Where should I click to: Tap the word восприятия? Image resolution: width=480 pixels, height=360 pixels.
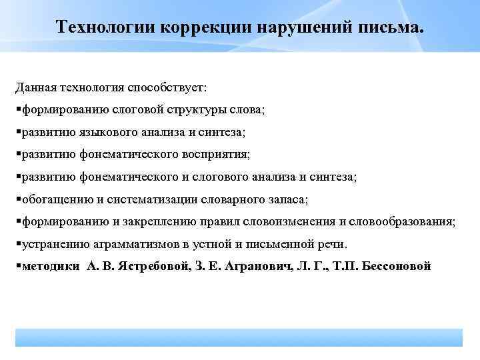[x=215, y=155]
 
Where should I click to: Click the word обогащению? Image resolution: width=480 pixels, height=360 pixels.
[x=51, y=199]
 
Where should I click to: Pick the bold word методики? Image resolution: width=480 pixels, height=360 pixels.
[x=51, y=266]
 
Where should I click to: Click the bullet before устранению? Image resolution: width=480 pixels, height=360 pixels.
[x=18, y=244]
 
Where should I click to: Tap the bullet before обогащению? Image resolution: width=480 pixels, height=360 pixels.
[x=18, y=199]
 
